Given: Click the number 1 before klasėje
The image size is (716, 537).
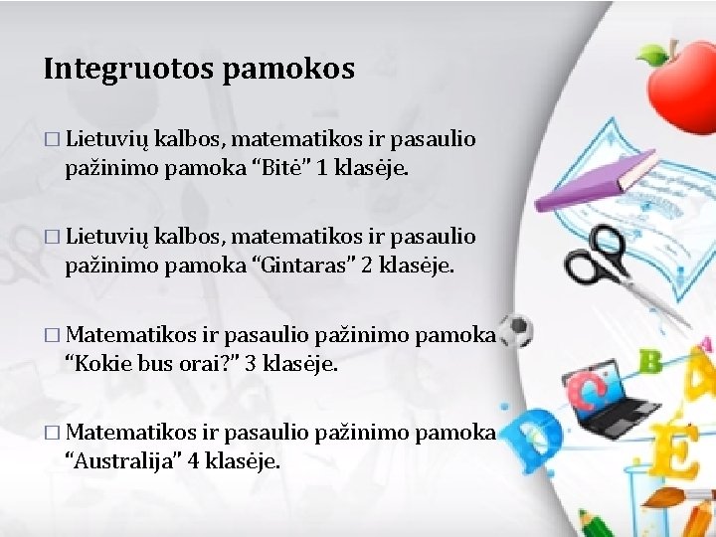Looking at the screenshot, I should coord(324,169).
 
